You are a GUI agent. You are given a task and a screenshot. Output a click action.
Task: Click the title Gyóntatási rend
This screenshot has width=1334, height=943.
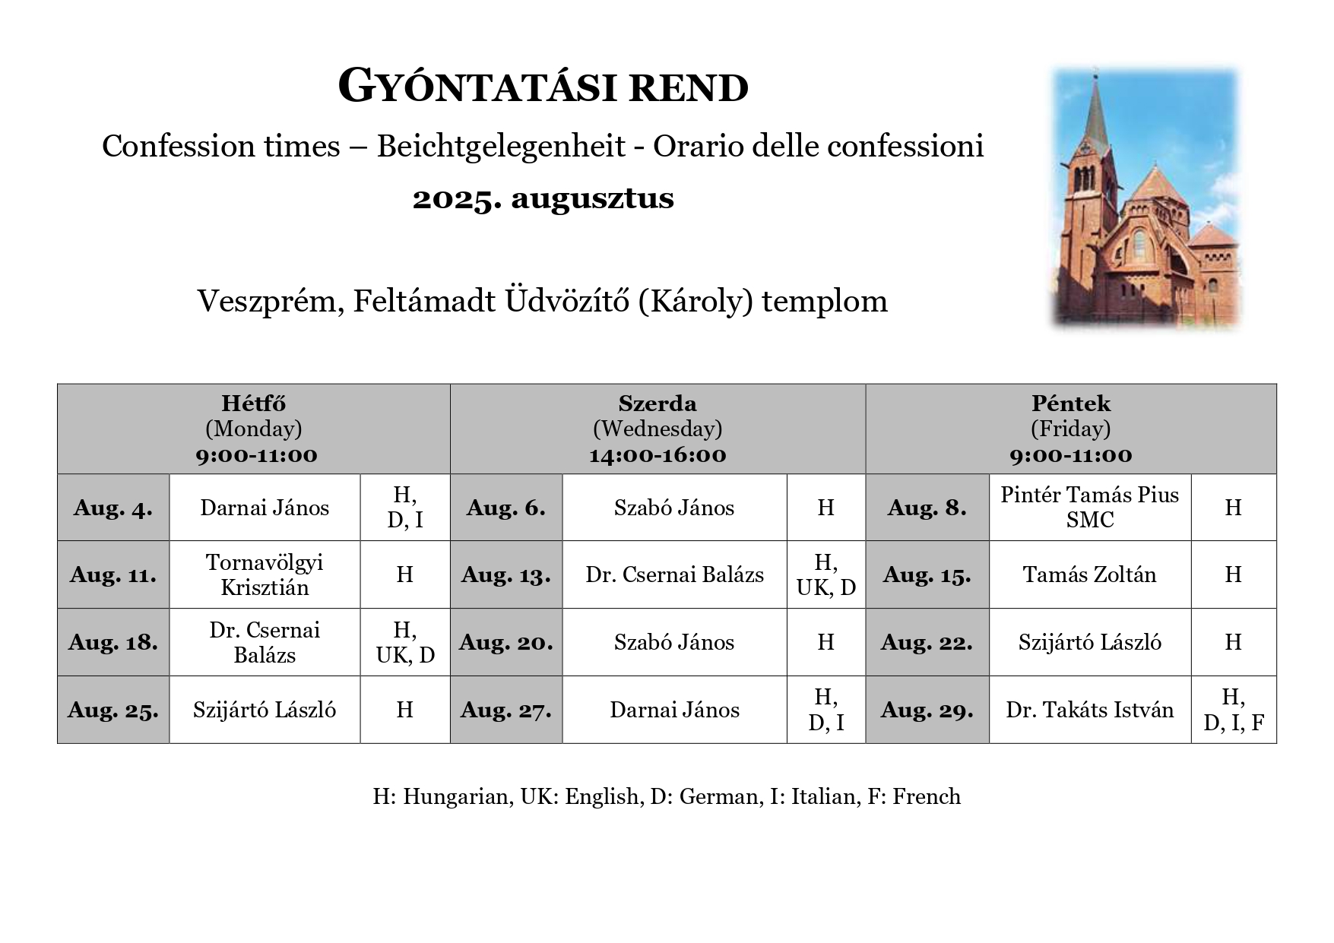pyautogui.click(x=543, y=87)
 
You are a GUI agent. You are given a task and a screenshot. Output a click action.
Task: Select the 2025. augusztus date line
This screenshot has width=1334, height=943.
pyautogui.click(x=543, y=199)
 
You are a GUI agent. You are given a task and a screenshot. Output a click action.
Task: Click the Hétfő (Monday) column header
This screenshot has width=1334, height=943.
pyautogui.click(x=254, y=429)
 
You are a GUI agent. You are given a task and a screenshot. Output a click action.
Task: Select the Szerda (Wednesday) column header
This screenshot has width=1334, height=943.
pyautogui.click(x=657, y=429)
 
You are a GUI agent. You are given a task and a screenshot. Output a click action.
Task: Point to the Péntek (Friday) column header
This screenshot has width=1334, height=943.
pyautogui.click(x=1070, y=429)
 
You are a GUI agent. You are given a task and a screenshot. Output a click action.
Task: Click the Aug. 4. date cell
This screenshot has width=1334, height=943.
pyautogui.click(x=113, y=508)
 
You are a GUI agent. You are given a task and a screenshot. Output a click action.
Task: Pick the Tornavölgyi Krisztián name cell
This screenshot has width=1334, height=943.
pyautogui.click(x=265, y=574)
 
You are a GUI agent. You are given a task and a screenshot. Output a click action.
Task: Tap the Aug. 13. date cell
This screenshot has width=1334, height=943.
pyautogui.click(x=505, y=575)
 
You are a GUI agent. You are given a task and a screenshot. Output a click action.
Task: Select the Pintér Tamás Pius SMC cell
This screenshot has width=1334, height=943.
pyautogui.click(x=1089, y=507)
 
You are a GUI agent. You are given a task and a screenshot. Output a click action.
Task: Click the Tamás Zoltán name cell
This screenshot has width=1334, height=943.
pyautogui.click(x=1089, y=574)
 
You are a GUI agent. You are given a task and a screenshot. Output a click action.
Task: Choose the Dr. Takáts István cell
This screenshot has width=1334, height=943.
pyautogui.click(x=1089, y=710)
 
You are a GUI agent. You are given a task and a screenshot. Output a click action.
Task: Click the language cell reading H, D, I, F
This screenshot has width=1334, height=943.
pyautogui.click(x=1233, y=710)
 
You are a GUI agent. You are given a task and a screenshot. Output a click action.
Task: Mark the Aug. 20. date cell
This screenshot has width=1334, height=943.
pyautogui.click(x=505, y=643)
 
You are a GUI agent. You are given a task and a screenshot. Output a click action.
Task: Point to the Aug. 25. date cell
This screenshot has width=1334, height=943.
pyautogui.click(x=113, y=710)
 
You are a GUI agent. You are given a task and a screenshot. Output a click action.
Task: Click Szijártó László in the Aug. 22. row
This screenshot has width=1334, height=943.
pyautogui.click(x=1089, y=643)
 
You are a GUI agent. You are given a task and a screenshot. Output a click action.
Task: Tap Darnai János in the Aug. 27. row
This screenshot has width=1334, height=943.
pyautogui.click(x=674, y=710)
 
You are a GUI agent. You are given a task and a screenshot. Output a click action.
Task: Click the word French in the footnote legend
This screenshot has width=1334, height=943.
pyautogui.click(x=927, y=796)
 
